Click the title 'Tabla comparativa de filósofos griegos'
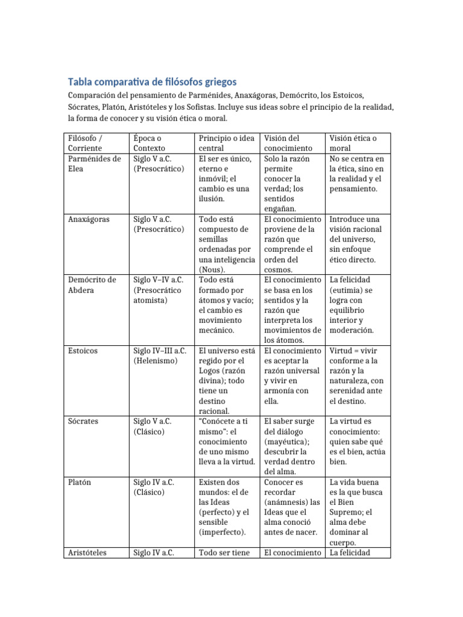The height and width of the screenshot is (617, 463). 152,81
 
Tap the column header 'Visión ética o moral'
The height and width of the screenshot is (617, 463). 353,143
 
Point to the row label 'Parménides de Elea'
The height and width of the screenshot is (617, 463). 94,164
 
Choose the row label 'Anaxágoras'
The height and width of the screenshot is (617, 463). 89,219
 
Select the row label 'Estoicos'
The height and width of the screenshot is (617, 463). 84,350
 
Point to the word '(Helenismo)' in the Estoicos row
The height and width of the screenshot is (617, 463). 156,360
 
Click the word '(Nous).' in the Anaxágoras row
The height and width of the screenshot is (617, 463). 214,269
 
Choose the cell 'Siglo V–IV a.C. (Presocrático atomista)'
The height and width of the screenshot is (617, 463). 159,290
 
